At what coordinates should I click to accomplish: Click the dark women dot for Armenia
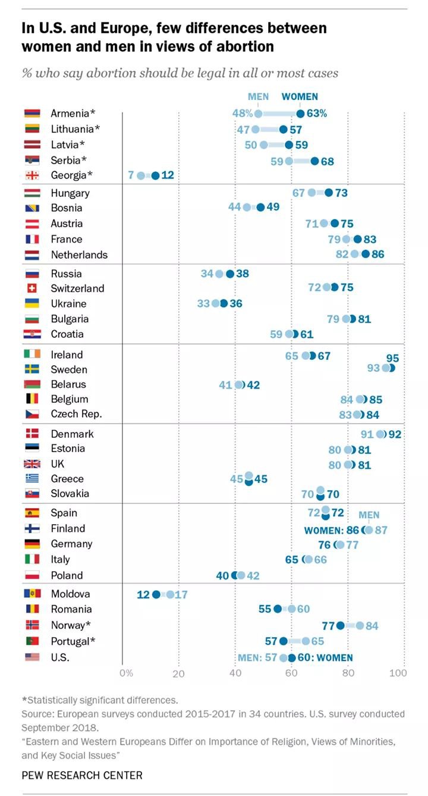click(x=300, y=114)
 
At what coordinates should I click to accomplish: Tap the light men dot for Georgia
click(x=141, y=176)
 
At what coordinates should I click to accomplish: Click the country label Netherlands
click(x=79, y=255)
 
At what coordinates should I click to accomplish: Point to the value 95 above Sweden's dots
click(x=392, y=358)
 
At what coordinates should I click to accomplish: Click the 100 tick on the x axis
click(x=398, y=673)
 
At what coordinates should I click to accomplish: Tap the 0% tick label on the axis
click(x=126, y=673)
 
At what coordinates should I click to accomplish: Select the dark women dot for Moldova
click(x=156, y=594)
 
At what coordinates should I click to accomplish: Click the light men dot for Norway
click(x=360, y=625)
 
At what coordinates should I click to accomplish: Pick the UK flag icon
click(x=32, y=464)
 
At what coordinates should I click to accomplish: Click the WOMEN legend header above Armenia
click(x=300, y=96)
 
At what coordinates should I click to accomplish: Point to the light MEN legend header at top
click(x=258, y=96)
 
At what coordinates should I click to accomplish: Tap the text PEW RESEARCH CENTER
click(x=82, y=775)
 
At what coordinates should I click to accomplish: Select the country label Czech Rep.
click(x=76, y=414)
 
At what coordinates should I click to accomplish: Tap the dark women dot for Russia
click(x=230, y=274)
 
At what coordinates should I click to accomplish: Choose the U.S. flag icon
click(x=32, y=657)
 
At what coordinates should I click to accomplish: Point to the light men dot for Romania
click(x=291, y=609)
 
